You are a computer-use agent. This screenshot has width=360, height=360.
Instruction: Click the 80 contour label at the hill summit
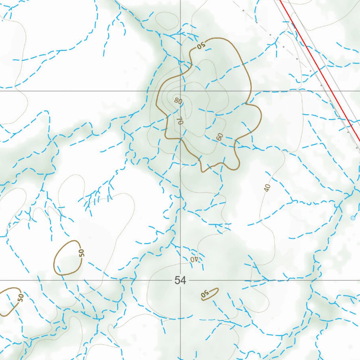(x=178, y=101)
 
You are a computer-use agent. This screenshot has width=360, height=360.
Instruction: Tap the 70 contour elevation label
(x=180, y=121)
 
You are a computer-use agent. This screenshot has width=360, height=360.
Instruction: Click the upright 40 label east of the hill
(x=268, y=188)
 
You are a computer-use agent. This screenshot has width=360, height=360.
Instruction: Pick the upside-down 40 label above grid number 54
(x=194, y=259)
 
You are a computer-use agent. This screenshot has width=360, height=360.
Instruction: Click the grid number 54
(x=180, y=280)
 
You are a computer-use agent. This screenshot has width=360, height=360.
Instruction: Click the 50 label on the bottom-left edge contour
(x=21, y=298)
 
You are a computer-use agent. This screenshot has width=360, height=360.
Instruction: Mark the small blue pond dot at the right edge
(x=353, y=218)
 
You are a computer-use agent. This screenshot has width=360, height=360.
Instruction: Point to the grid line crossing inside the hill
(x=180, y=91)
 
